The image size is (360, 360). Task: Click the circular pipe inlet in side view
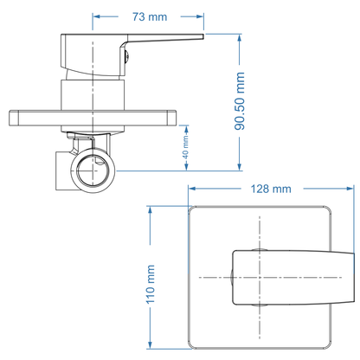pos(92,170)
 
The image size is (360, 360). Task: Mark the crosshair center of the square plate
pos(260,276)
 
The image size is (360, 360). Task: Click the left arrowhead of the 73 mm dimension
pos(97,16)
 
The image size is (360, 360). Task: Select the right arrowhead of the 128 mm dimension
pos(350,189)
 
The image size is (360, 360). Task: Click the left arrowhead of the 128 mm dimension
pos(192,189)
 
